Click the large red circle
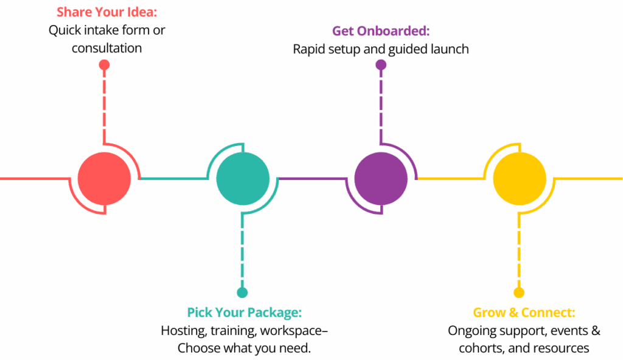coord(105,179)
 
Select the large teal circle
coord(243,179)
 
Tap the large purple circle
coord(381,179)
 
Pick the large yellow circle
coord(519,179)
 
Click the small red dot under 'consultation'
coord(105,65)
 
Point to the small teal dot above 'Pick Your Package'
coord(243,292)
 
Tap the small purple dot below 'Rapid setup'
coord(381,65)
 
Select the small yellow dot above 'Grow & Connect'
coord(519,292)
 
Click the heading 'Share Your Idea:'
coord(107,12)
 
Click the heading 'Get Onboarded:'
coord(381,31)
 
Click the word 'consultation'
coord(107,47)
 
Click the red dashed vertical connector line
coord(105,103)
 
